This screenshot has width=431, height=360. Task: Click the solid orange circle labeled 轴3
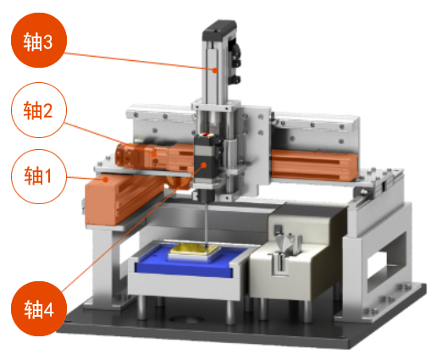(39, 40)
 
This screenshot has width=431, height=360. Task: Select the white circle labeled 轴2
(39, 110)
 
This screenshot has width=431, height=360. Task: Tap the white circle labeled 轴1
(39, 176)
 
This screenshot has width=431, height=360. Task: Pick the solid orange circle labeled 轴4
(39, 308)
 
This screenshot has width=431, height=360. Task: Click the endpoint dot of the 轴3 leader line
(215, 70)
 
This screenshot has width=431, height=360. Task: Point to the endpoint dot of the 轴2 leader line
(154, 154)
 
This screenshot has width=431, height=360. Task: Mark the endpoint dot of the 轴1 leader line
(106, 180)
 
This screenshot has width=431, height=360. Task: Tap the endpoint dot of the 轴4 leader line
(204, 165)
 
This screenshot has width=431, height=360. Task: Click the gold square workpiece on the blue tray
(195, 250)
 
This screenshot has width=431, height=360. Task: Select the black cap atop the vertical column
(219, 30)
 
